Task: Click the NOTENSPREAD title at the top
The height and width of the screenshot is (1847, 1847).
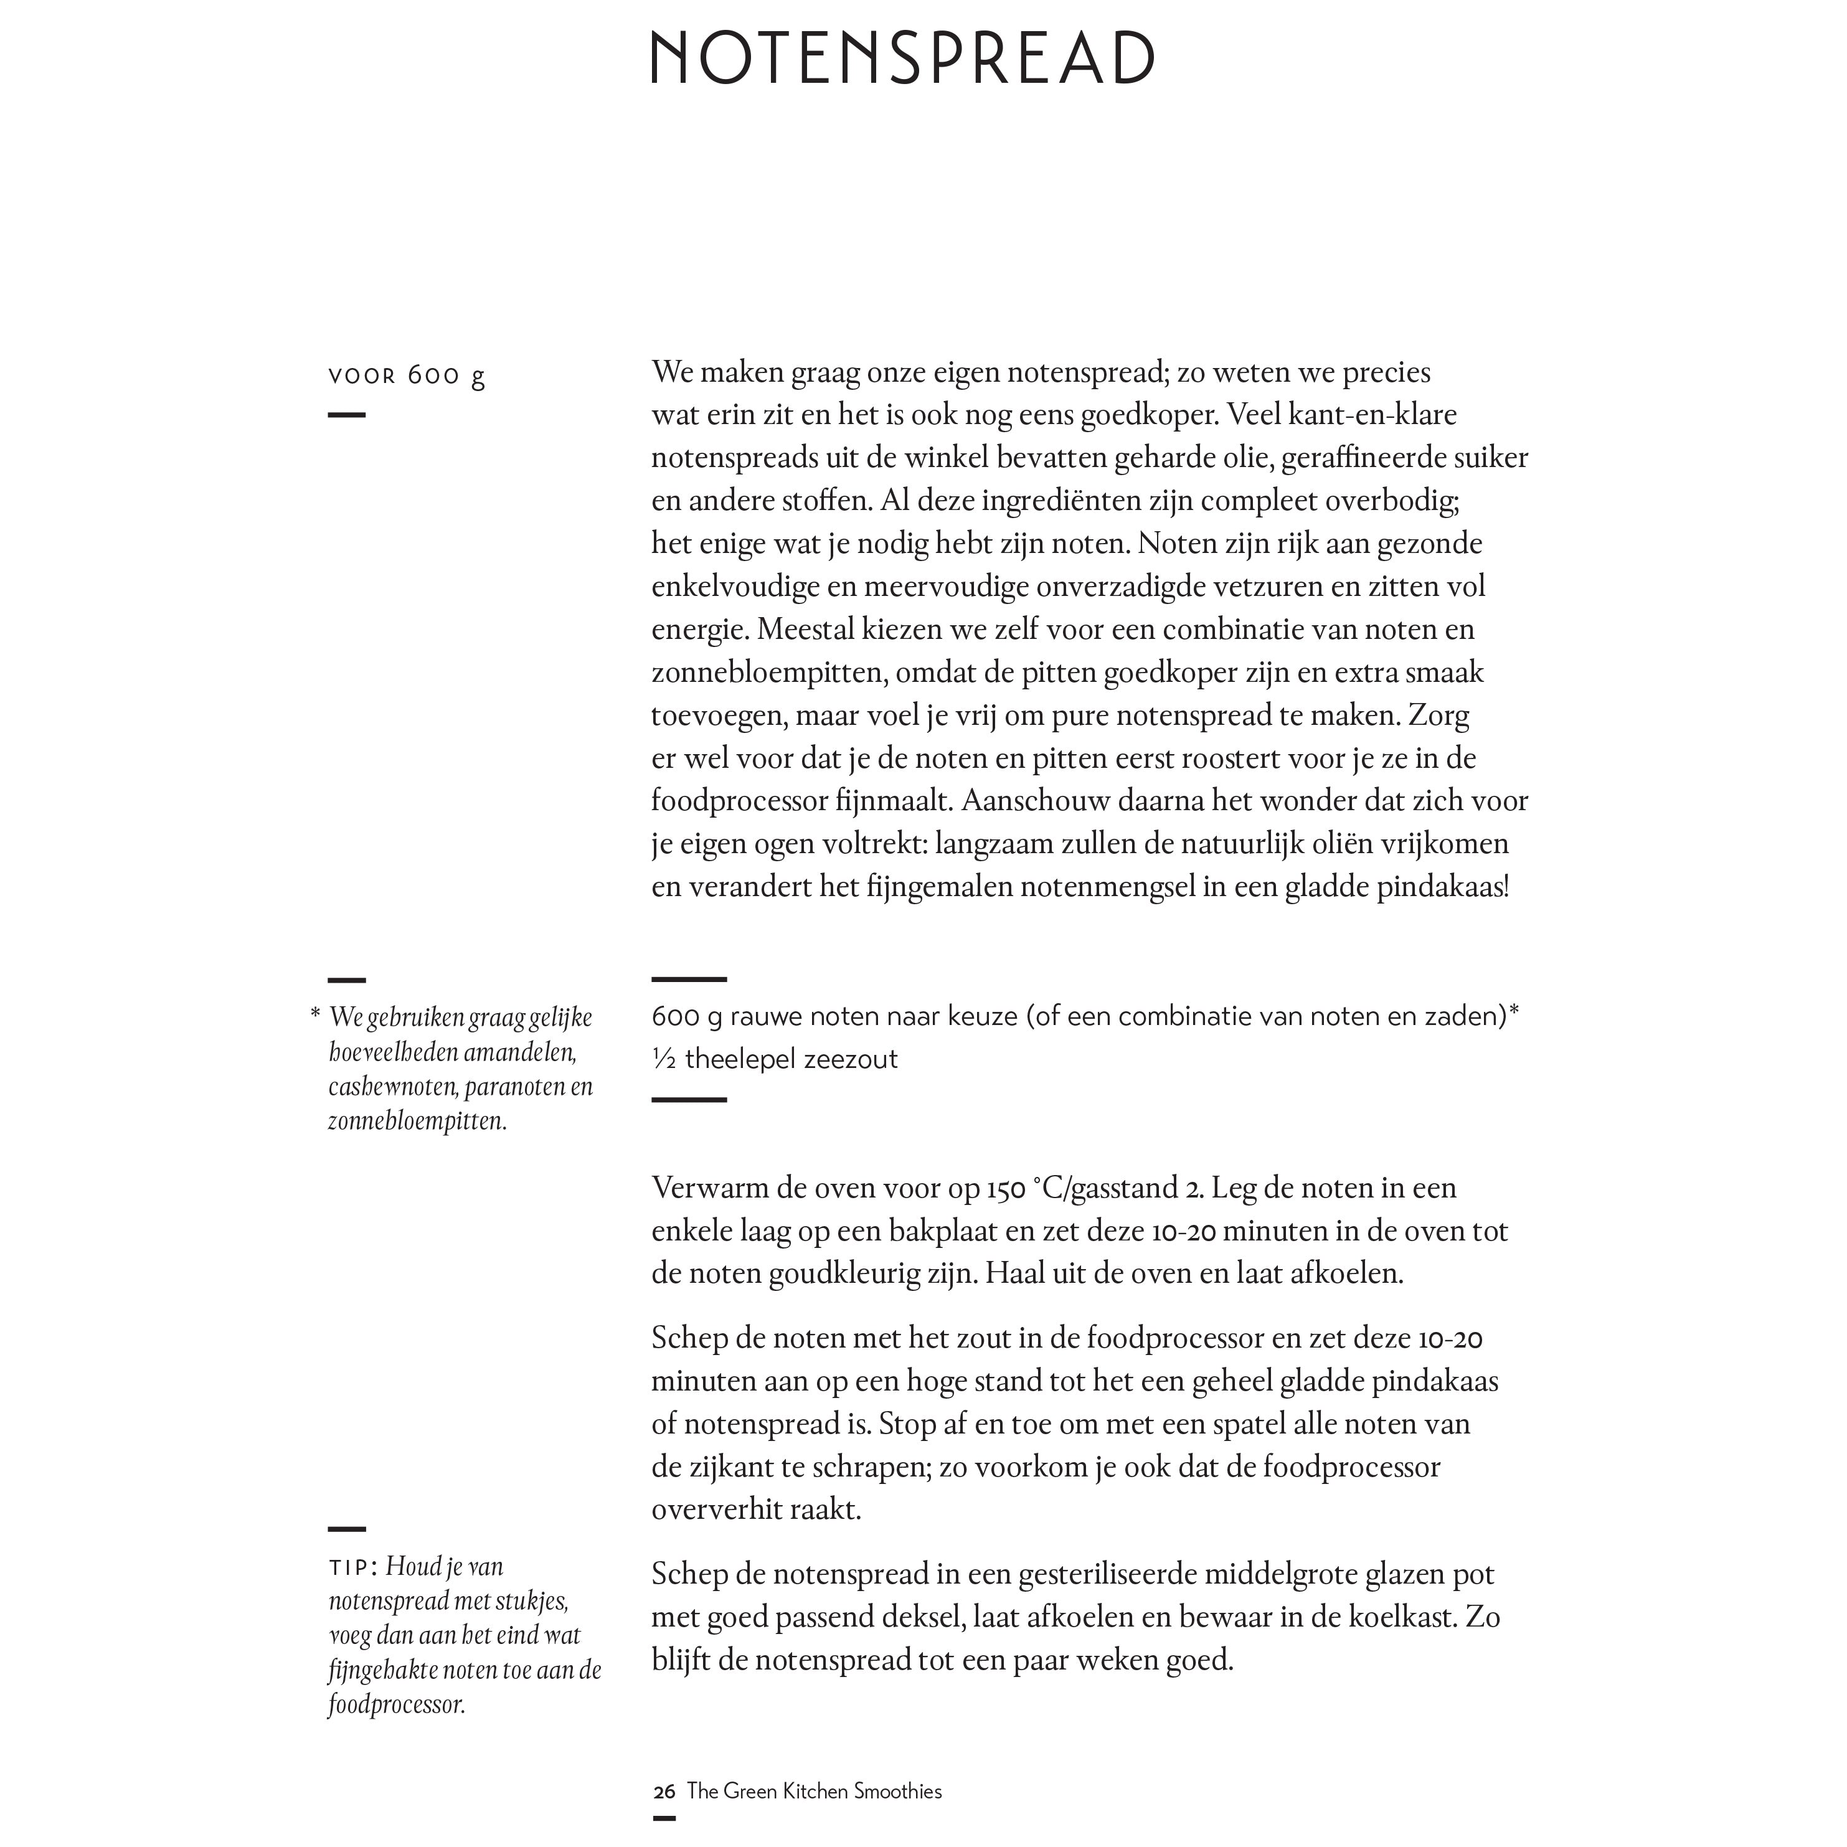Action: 902,59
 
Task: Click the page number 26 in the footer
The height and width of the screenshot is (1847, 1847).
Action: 663,1792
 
